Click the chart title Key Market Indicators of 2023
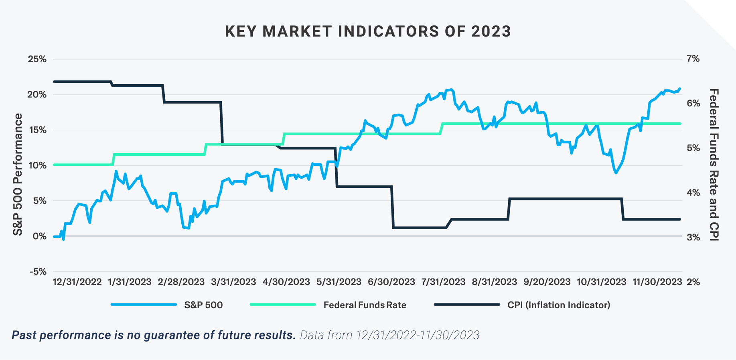click(368, 31)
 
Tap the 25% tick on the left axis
click(37, 59)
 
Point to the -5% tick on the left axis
click(38, 272)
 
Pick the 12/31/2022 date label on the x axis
click(77, 282)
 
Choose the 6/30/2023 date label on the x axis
click(391, 282)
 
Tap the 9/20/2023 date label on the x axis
click(547, 282)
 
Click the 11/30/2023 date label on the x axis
click(657, 282)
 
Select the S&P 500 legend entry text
click(203, 305)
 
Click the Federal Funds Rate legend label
click(365, 305)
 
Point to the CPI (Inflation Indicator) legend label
click(558, 305)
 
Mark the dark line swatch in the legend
click(466, 305)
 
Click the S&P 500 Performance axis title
click(18, 175)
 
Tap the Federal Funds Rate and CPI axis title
click(714, 165)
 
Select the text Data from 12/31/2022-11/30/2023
click(389, 335)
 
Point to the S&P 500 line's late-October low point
click(616, 173)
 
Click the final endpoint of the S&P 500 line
click(679, 89)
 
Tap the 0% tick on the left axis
click(39, 236)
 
